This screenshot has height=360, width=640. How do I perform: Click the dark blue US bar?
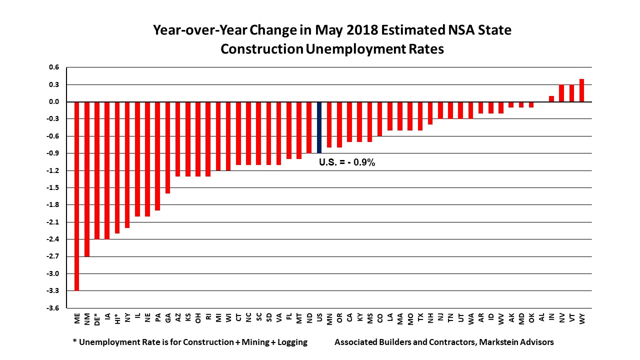(319, 127)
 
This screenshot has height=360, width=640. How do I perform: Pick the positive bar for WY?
(581, 90)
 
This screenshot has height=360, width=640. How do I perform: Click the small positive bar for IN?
(551, 99)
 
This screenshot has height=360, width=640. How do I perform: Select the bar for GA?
(168, 147)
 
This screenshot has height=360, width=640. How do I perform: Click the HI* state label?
(117, 319)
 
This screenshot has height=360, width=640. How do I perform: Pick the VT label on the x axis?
(572, 317)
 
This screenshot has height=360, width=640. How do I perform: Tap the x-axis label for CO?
(380, 318)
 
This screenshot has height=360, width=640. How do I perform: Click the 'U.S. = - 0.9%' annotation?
(347, 162)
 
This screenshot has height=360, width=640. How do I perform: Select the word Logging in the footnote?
(292, 342)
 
